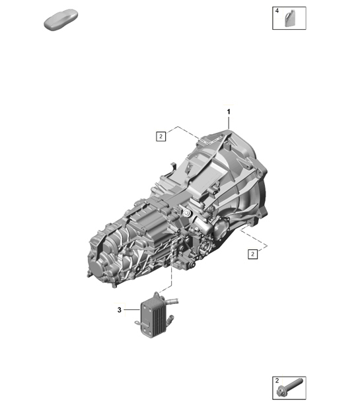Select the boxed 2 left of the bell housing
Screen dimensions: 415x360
pyautogui.click(x=161, y=137)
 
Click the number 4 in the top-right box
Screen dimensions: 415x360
pyautogui.click(x=278, y=11)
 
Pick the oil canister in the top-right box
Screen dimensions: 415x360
pyautogui.click(x=291, y=20)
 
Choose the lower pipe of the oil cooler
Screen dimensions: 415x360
pyautogui.click(x=170, y=322)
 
